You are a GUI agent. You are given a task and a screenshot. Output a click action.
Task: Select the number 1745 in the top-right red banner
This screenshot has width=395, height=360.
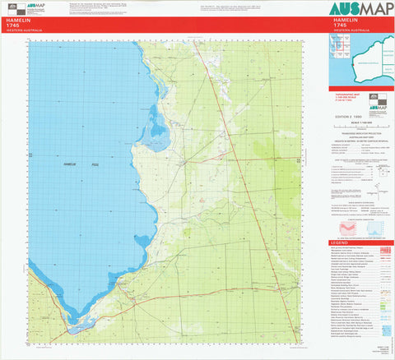(340, 26)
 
